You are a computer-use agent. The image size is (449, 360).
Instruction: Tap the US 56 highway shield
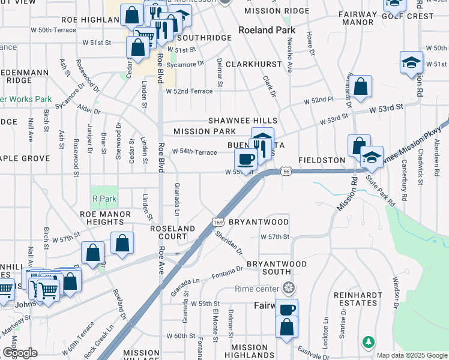point(286,171)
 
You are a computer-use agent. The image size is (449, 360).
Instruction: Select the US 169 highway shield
point(217,223)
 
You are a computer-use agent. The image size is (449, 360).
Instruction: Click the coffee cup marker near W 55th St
point(245,160)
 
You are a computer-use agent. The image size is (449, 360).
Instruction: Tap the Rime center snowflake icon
point(289,289)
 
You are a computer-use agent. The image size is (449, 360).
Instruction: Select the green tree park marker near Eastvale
point(368,342)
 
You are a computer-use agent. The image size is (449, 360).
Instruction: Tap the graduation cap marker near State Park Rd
point(372,157)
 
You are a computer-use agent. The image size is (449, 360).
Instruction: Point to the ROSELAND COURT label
point(172,233)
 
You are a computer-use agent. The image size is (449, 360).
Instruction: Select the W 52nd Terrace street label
point(190,91)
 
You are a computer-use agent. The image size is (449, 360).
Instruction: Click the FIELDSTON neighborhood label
point(324,161)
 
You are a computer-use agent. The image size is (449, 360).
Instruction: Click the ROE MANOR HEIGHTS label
point(105,218)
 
